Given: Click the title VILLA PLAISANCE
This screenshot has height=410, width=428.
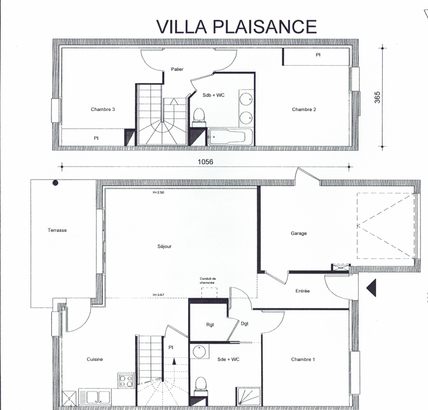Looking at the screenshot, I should pyautogui.click(x=236, y=26).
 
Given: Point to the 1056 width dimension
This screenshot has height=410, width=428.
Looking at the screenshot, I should pyautogui.click(x=205, y=161).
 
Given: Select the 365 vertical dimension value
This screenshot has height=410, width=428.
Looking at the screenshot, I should pyautogui.click(x=377, y=98).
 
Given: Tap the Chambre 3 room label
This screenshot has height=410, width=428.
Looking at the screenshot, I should pyautogui.click(x=103, y=109).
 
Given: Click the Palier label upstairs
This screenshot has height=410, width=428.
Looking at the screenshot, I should pyautogui.click(x=177, y=69).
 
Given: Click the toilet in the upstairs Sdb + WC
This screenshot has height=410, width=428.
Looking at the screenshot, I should pyautogui.click(x=199, y=115).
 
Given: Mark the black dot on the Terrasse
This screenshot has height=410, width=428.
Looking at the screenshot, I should pyautogui.click(x=56, y=183).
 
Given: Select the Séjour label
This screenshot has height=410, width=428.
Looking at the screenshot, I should pyautogui.click(x=164, y=246).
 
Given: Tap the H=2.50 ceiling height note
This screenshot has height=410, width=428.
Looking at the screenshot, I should pyautogui.click(x=158, y=193).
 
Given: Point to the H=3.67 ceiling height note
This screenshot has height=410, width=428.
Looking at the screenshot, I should pyautogui.click(x=158, y=294).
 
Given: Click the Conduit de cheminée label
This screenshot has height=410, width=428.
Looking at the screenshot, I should pyautogui.click(x=208, y=280).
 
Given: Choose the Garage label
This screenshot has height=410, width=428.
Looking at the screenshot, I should pyautogui.click(x=298, y=233).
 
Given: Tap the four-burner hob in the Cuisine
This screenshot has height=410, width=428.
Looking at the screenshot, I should pyautogui.click(x=126, y=380).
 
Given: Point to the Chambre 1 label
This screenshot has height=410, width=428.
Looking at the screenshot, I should pyautogui.click(x=303, y=359).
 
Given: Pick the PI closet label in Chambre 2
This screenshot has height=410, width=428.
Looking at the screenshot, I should pyautogui.click(x=318, y=55).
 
